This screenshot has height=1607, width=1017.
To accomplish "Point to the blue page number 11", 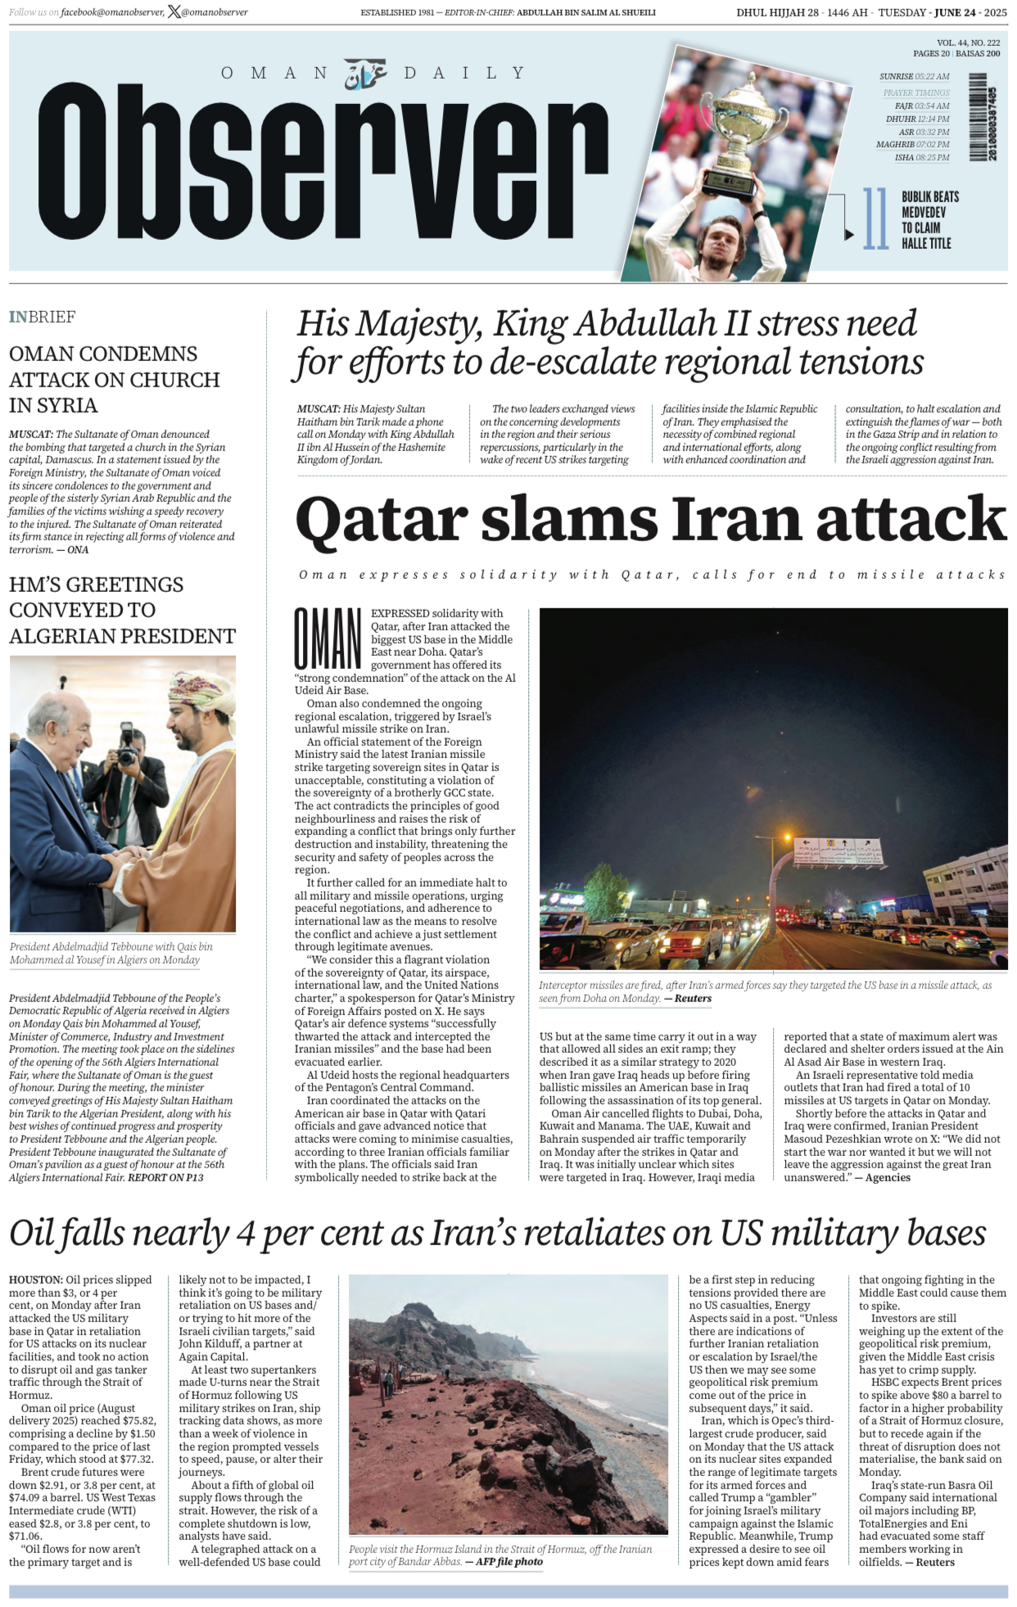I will (x=875, y=219).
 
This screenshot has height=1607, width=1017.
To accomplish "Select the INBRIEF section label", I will (x=43, y=317).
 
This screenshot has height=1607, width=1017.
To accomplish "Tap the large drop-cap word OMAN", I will (x=328, y=639).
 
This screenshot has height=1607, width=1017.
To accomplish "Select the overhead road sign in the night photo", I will (x=838, y=851).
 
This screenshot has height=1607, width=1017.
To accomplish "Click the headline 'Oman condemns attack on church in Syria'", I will (x=115, y=379).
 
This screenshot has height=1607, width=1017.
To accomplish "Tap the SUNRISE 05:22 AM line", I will (x=914, y=76).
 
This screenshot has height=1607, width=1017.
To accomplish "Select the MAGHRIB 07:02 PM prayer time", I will (x=912, y=144).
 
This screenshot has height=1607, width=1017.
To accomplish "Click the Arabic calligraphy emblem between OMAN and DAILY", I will (x=365, y=74).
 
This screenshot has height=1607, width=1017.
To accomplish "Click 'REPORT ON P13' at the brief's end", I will (x=165, y=1177).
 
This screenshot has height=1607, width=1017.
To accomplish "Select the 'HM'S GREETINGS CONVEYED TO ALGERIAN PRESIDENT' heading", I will (x=122, y=610).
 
